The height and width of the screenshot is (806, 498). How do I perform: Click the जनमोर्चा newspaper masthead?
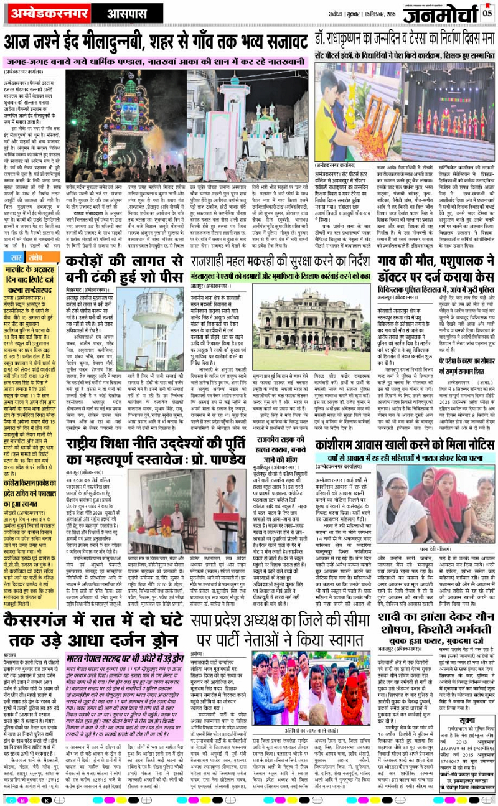click(439, 16)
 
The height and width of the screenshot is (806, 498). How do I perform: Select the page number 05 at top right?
click(487, 13)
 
